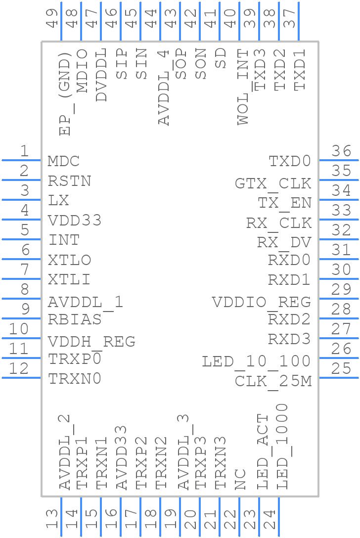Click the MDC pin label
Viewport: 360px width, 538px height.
[x=64, y=161]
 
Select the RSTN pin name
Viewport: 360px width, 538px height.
[x=69, y=181]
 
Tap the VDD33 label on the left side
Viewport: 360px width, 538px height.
[x=75, y=221]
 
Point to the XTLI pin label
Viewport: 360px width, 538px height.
[x=69, y=279]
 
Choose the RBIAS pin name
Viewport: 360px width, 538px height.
[x=75, y=319]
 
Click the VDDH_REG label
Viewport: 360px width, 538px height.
[x=91, y=342]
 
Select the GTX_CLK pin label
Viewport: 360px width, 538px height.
[x=273, y=183]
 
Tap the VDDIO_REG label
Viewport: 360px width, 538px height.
[x=261, y=302]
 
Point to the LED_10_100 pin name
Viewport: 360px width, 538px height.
[x=256, y=361]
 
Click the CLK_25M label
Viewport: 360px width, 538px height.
[x=273, y=381]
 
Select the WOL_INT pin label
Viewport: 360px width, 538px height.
[x=243, y=87]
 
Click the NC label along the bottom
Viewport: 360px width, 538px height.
[x=240, y=479]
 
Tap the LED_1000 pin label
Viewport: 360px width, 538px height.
[x=282, y=447]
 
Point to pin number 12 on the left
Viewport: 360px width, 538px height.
[x=19, y=369]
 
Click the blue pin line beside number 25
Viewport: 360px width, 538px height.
[x=339, y=378]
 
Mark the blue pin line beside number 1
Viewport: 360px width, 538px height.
[x=21, y=160]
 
